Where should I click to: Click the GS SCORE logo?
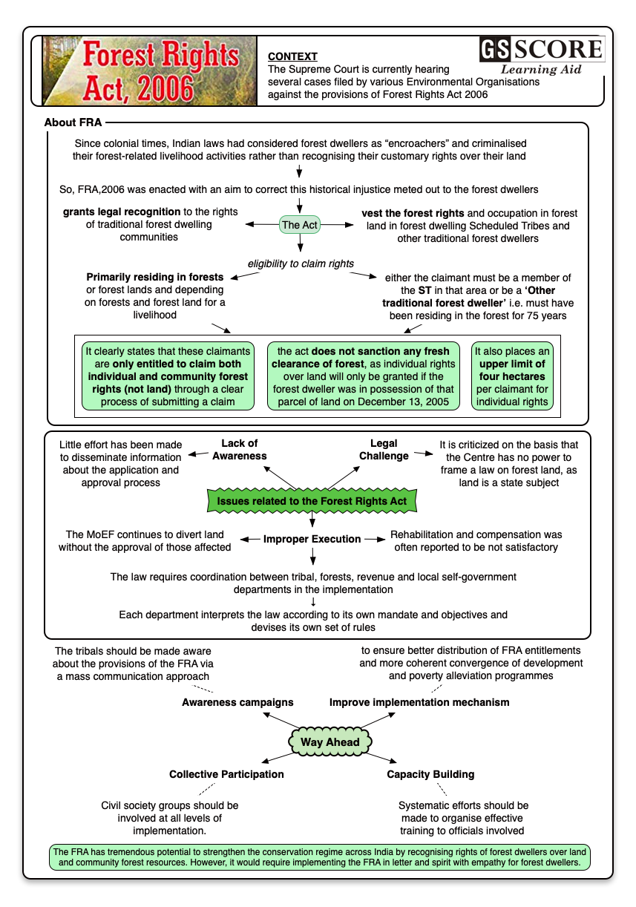pos(541,55)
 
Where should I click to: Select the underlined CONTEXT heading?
pos(292,56)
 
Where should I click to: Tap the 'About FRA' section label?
pos(73,122)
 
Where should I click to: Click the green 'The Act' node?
pos(300,224)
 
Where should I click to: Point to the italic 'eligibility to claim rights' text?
pos(301,263)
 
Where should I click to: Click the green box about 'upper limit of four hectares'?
pos(512,376)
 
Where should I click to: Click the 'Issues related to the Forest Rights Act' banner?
pos(312,502)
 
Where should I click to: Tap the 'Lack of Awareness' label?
pos(239,450)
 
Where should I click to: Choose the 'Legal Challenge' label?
pos(384,450)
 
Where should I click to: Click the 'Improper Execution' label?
pos(312,539)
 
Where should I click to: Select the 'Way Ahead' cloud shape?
pos(330,741)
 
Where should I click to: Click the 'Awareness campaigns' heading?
pos(237,702)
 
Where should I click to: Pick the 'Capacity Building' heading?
pos(430,774)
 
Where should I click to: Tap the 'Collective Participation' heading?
pos(226,774)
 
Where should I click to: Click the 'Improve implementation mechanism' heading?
pos(419,702)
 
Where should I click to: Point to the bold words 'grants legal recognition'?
pos(121,212)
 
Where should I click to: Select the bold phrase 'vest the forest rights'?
pos(413,213)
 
